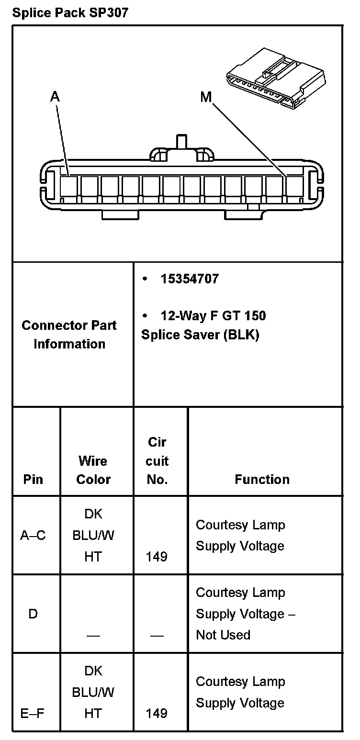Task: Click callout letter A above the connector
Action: (56, 97)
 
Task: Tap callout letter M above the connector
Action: (206, 98)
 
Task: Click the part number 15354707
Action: (189, 279)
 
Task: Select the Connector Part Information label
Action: (69, 335)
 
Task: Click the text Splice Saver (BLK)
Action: (200, 335)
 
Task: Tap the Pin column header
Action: (33, 479)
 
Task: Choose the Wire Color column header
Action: (93, 470)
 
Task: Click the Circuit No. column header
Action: (157, 460)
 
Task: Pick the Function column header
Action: (262, 479)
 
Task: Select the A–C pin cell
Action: (33, 535)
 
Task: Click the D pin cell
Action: (33, 614)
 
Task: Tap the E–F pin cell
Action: (33, 713)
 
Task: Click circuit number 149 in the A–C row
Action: (157, 556)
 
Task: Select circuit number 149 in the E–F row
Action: (157, 713)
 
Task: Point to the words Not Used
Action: (223, 635)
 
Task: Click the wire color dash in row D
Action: (93, 635)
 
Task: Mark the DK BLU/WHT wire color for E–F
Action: (93, 692)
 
